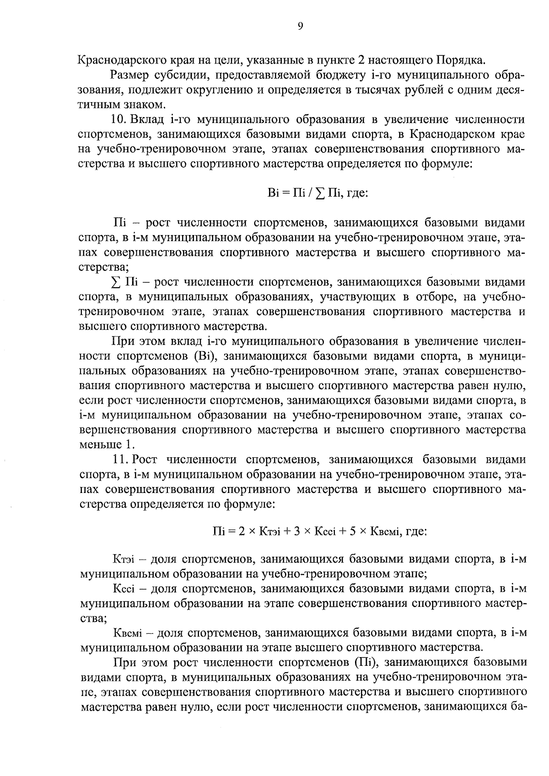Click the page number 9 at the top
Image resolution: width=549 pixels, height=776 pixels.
[300, 26]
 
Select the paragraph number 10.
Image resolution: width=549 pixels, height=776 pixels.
[119, 120]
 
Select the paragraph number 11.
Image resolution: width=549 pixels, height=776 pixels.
[120, 460]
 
